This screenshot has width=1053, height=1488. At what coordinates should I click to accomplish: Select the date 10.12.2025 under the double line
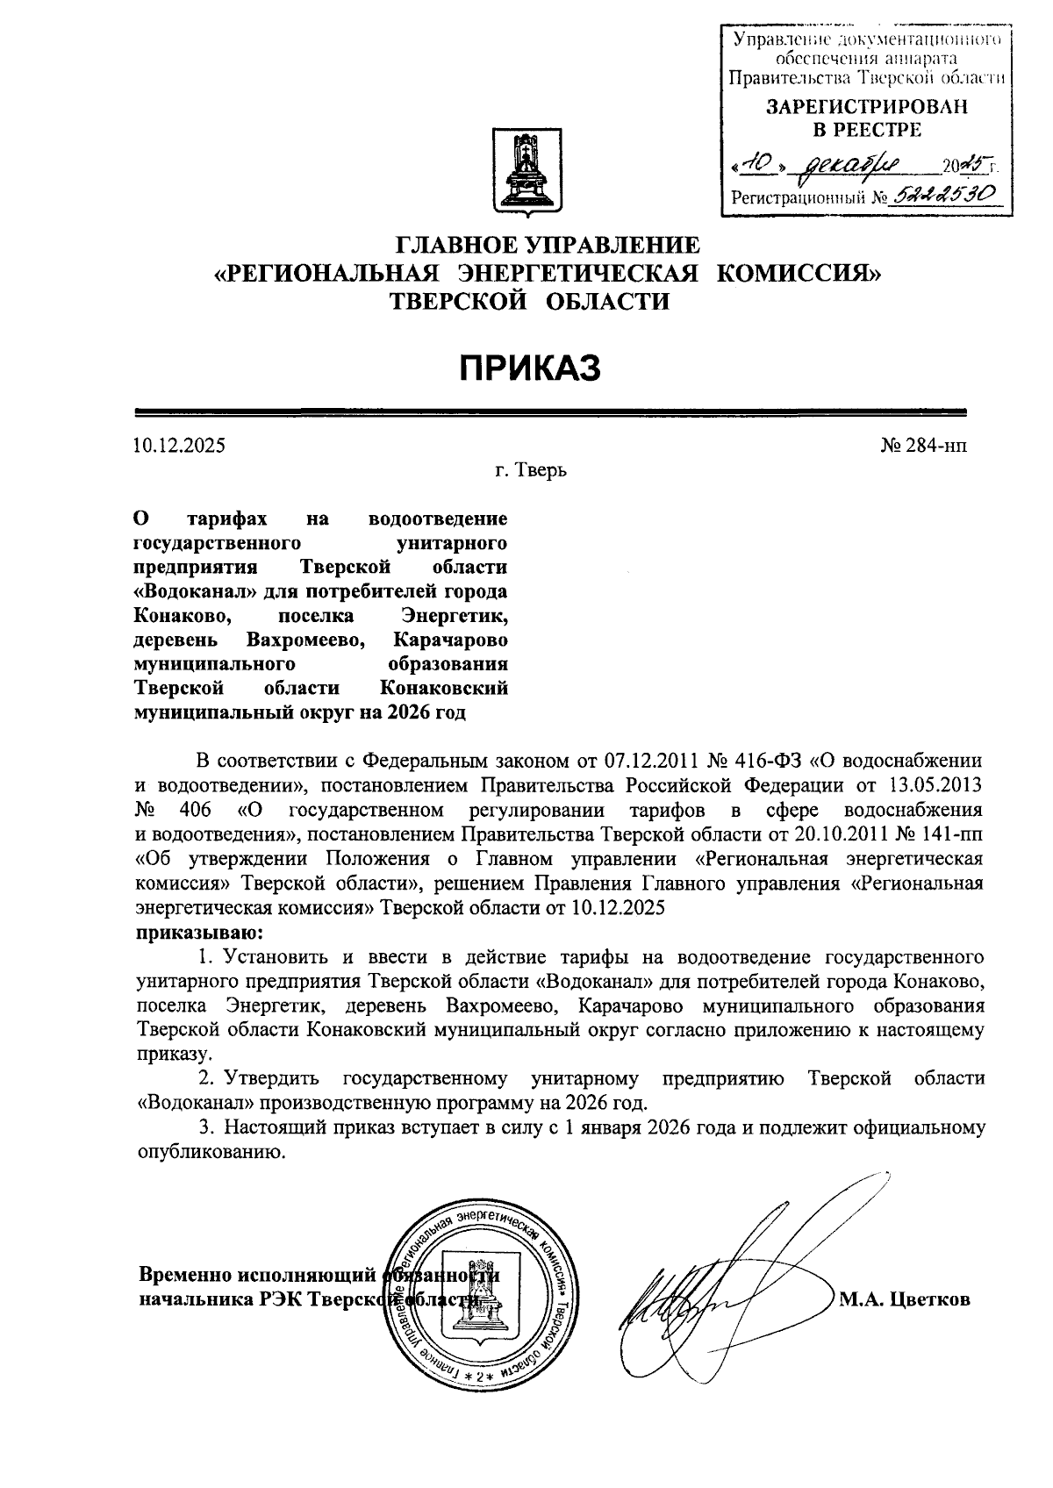coord(179,446)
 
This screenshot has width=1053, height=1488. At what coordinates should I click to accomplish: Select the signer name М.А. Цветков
coord(905,1299)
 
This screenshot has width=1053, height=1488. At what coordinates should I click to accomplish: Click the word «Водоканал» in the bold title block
coord(190,591)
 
